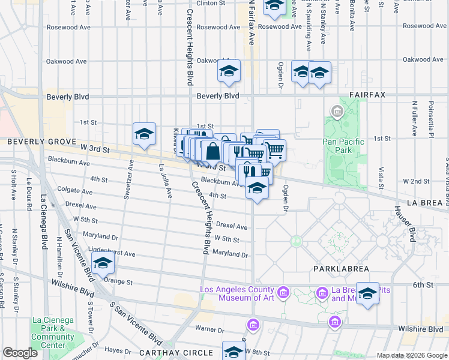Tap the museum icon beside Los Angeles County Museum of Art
pyautogui.click(x=284, y=293)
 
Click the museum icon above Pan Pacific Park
pyautogui.click(x=336, y=111)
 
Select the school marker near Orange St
pyautogui.click(x=103, y=263)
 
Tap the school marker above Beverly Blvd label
pyautogui.click(x=228, y=71)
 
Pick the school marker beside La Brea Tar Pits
pyautogui.click(x=367, y=293)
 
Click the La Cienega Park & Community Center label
pyautogui.click(x=53, y=336)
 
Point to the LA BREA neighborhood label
pyautogui.click(x=423, y=203)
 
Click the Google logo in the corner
pyautogui.click(x=19, y=353)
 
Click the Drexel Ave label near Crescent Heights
pyautogui.click(x=232, y=226)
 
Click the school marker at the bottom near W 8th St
pyautogui.click(x=234, y=351)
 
